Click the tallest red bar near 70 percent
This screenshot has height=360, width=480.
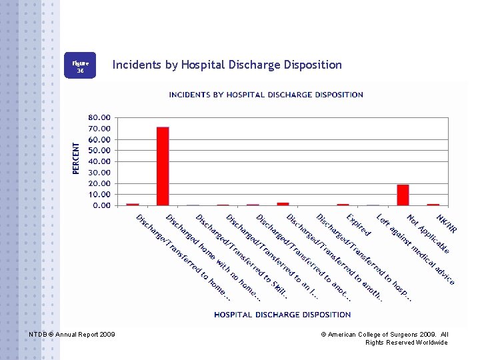pos(163,166)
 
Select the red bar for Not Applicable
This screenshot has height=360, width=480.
pos(403,195)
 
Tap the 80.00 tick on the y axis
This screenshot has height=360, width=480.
pos(100,118)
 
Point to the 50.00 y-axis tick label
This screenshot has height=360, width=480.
pos(100,151)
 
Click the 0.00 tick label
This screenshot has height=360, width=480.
pos(102,205)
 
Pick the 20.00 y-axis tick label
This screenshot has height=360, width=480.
pos(100,183)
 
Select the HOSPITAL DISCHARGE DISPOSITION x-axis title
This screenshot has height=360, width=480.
pos(282,315)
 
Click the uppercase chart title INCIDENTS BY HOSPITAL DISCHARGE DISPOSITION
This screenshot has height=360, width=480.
pos(266,95)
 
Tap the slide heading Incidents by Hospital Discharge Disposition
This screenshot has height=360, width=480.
pos(227,65)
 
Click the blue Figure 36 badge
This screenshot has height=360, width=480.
pos(80,65)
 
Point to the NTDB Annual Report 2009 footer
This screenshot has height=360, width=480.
pos(72,333)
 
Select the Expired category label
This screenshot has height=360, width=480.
pos(358,224)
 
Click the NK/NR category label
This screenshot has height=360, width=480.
pos(446,223)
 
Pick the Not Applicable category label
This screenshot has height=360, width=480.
pos(428,234)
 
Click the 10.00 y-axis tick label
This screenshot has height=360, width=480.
pos(100,194)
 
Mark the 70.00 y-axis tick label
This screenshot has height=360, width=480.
pos(100,129)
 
